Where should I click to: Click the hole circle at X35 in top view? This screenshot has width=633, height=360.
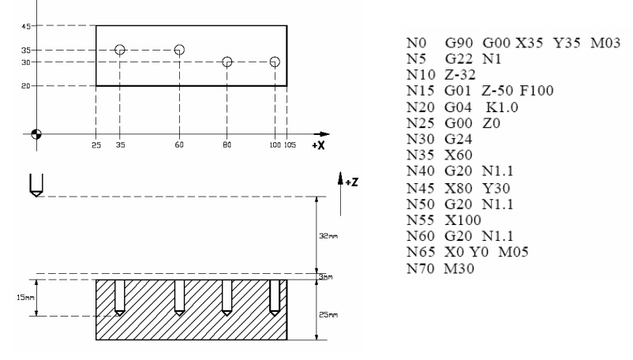120,50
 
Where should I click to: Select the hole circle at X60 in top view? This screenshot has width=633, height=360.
179,50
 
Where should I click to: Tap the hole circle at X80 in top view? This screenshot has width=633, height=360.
227,62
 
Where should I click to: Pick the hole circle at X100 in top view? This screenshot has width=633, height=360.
274,62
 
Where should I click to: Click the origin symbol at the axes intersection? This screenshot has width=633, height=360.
36,133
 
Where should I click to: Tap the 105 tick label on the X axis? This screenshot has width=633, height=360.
291,147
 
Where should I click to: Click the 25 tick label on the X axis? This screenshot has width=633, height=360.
96,147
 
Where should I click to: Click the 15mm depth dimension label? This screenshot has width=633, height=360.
24,298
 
